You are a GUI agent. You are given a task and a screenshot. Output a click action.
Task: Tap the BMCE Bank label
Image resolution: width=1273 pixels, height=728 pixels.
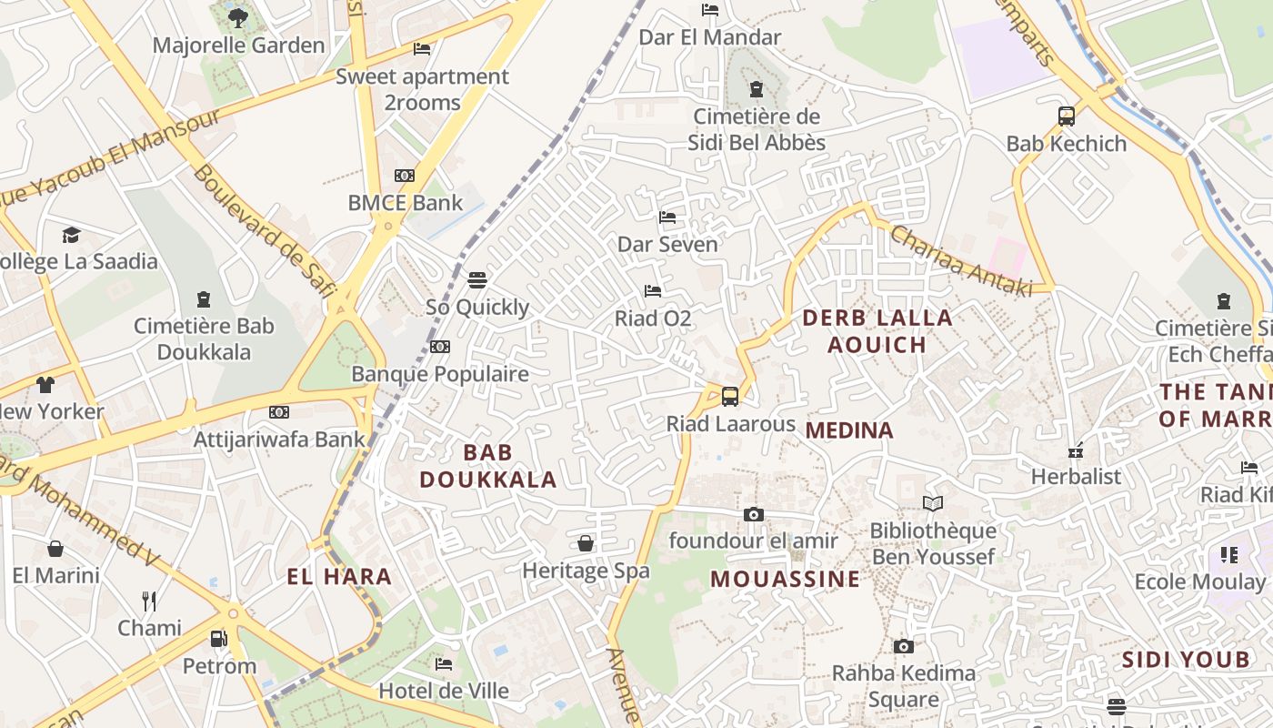coord(406,202)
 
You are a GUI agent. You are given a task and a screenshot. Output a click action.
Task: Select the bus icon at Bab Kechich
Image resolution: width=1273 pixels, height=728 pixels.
coord(1067,116)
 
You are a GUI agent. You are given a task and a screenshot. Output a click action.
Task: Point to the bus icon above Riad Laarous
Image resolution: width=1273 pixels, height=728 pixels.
coord(729,396)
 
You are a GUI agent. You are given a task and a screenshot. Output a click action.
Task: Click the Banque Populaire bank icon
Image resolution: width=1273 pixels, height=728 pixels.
coord(440,347)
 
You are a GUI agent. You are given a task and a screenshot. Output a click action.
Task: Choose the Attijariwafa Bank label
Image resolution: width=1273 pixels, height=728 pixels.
coord(279,440)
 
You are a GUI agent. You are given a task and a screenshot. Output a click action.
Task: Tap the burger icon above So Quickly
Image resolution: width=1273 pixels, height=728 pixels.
coord(477,279)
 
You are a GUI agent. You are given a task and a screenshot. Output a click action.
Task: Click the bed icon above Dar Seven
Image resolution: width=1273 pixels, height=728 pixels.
coord(667,217)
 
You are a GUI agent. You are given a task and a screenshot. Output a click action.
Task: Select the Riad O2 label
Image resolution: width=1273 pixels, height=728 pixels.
coord(653,318)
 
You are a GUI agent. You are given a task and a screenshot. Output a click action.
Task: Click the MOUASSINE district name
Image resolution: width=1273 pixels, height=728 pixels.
coord(785,579)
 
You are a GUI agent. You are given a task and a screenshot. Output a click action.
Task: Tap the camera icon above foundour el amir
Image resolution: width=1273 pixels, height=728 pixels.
coord(753,514)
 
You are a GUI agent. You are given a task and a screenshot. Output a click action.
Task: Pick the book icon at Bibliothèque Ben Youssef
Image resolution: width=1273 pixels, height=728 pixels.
coord(933,503)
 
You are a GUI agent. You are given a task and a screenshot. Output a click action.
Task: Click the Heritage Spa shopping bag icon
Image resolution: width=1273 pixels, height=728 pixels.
coord(586,543)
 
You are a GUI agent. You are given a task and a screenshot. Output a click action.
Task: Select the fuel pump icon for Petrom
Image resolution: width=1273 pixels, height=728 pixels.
coord(219,638)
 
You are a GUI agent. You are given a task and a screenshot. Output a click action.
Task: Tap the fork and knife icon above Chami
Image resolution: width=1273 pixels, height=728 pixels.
coord(149,601)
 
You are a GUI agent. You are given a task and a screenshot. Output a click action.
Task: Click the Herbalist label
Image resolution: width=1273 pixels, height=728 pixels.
coord(1076,476)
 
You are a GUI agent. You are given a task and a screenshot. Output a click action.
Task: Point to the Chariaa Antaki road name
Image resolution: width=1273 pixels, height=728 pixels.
coord(960,260)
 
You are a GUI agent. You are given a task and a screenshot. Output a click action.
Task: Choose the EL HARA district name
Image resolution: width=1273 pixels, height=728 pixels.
coord(339,576)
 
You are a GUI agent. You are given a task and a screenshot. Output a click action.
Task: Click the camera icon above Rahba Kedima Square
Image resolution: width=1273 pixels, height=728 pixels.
coord(903,646)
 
